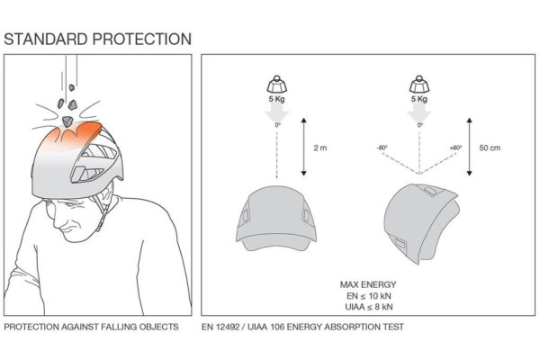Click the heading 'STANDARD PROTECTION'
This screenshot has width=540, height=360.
pyautogui.click(x=98, y=39)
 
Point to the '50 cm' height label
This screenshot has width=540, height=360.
pyautogui.click(x=490, y=146)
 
